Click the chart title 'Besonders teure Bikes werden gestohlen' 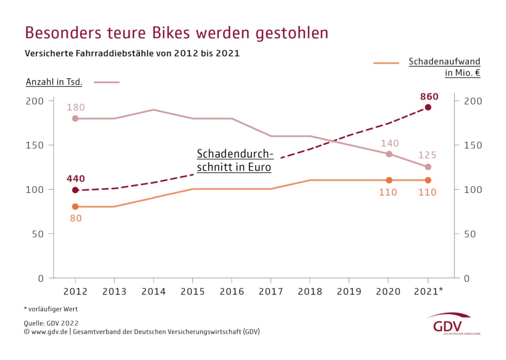(x=176, y=33)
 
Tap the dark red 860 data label (x=429, y=97)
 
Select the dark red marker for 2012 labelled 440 (x=75, y=190)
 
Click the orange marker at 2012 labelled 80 (x=75, y=207)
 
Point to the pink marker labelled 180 (x=75, y=118)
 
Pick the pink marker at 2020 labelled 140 (x=389, y=154)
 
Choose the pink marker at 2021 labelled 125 (x=428, y=167)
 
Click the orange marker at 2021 (x=428, y=180)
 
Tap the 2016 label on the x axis (x=232, y=292)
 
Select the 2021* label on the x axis (x=428, y=291)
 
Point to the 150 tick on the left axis (x=35, y=145)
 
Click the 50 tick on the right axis (x=470, y=234)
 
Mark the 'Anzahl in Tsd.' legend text (x=54, y=82)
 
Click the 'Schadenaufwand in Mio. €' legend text (x=444, y=67)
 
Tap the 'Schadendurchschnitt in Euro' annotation (x=235, y=160)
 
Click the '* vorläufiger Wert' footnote (x=51, y=309)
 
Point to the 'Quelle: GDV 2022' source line (x=51, y=323)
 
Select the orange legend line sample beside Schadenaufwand (x=386, y=63)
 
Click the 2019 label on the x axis (x=349, y=292)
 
